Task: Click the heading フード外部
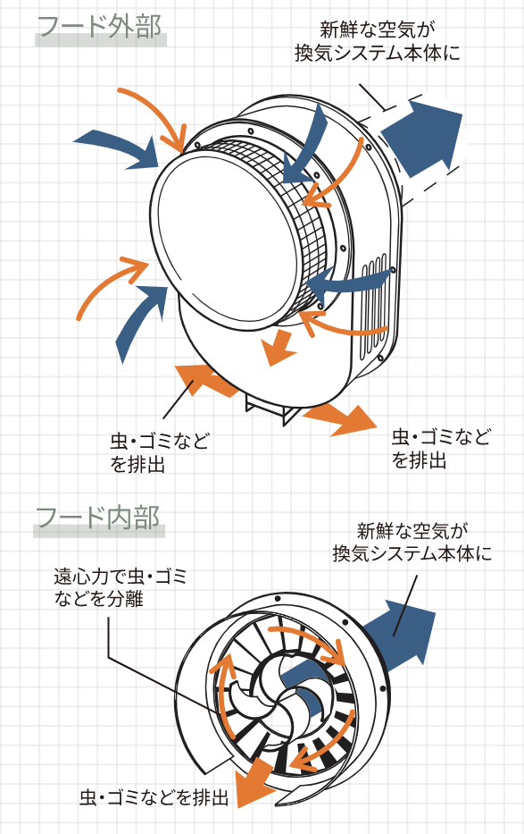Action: (x=100, y=27)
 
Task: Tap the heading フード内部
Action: (x=97, y=517)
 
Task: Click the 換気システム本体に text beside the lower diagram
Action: (x=412, y=553)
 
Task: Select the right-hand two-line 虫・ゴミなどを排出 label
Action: (x=441, y=450)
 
